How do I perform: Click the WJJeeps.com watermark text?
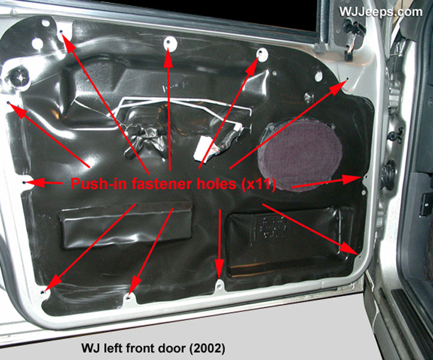(x=381, y=12)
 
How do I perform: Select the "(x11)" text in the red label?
(x=259, y=184)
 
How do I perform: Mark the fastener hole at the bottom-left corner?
(x=43, y=292)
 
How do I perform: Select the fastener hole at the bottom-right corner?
(x=360, y=256)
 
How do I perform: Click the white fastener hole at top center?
(x=169, y=44)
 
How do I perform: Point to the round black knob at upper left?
(x=19, y=78)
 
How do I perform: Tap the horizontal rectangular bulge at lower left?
(x=126, y=225)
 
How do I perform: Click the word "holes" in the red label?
(x=217, y=184)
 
